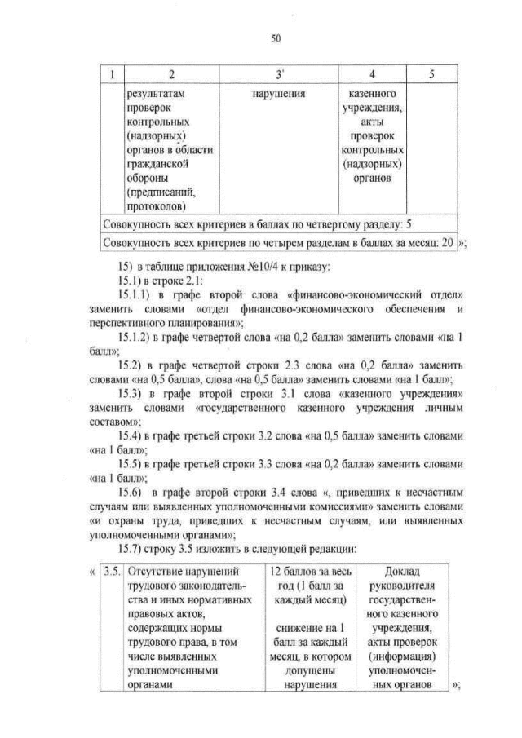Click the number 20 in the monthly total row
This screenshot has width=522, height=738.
pos(447,242)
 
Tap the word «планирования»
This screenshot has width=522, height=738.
pos(192,323)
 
